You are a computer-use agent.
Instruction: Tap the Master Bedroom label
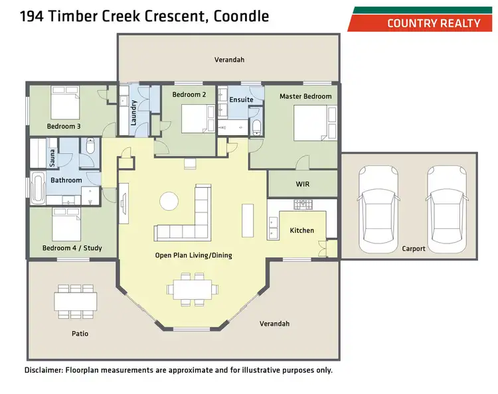coord(305,96)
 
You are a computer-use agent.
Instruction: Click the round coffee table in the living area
coord(169,201)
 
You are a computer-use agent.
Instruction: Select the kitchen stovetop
coord(303,206)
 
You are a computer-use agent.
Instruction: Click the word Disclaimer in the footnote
coord(43,370)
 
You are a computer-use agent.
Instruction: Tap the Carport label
coord(414,249)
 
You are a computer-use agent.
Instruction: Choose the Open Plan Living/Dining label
coord(193,255)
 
